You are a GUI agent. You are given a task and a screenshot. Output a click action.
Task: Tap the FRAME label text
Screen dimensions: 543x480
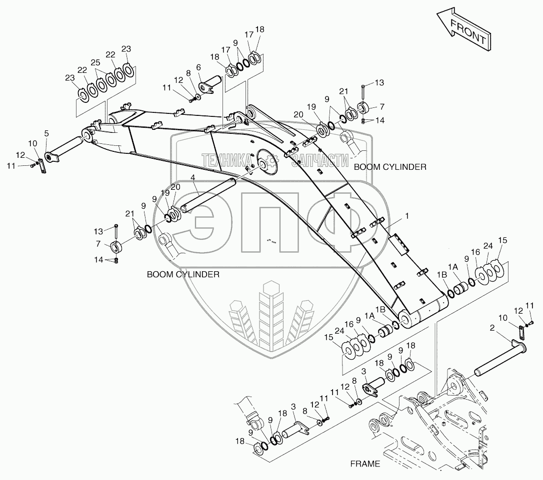click(364, 464)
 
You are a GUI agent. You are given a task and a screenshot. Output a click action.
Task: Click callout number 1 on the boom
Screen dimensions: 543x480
click(407, 216)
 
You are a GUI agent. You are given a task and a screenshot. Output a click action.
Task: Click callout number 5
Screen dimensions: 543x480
click(46, 133)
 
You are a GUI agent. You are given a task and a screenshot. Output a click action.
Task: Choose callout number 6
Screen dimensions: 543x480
click(198, 67)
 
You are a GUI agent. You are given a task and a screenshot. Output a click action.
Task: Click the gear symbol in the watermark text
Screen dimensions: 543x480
click(272, 160)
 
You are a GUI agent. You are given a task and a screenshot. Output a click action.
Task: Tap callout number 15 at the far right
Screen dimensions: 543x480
click(502, 241)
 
